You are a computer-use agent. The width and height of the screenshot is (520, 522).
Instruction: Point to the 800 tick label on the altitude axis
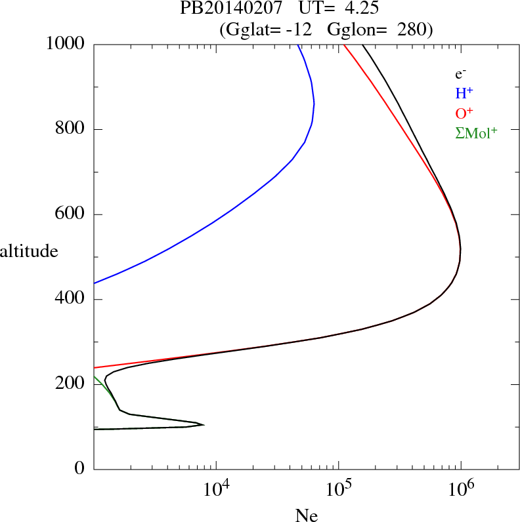point(70,129)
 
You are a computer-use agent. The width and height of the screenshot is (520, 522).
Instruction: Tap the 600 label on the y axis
point(70,214)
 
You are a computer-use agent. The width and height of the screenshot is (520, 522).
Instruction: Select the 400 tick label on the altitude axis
point(70,299)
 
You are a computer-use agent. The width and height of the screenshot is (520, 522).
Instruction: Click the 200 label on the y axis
point(70,384)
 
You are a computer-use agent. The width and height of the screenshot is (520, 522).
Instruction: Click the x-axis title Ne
point(306,515)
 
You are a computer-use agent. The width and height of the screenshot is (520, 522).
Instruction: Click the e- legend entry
point(460,74)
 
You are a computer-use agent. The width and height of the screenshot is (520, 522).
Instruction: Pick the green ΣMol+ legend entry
point(476,132)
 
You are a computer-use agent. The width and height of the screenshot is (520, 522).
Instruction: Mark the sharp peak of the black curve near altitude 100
point(204,425)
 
